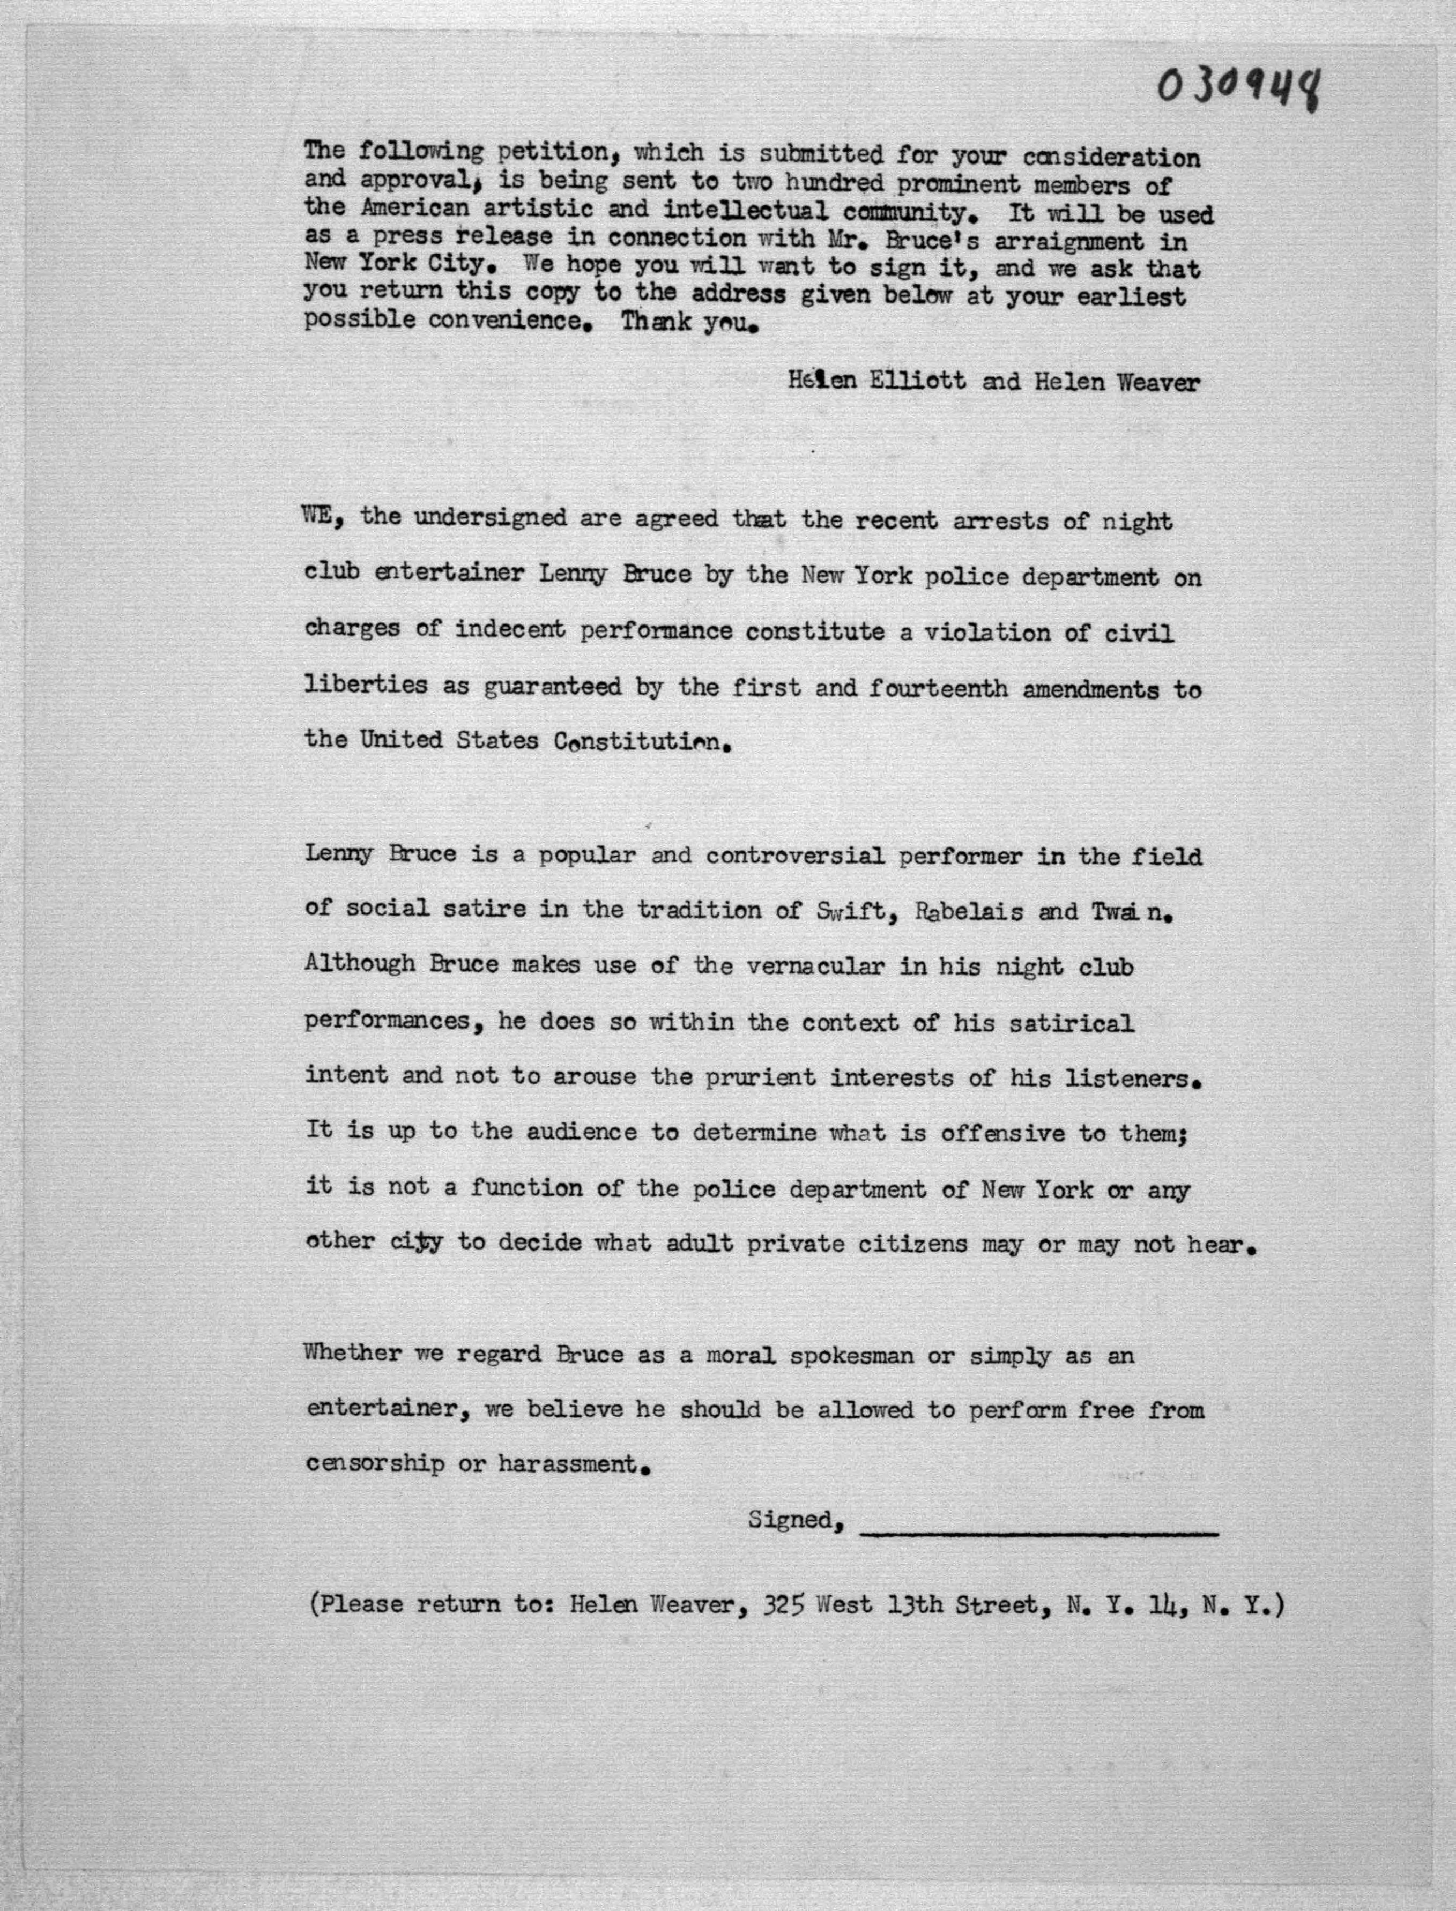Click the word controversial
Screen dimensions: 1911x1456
coord(794,856)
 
